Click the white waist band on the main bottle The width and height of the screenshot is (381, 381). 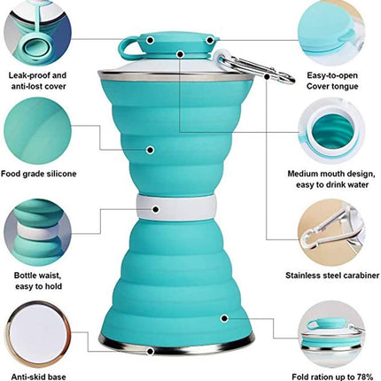pyautogui.click(x=175, y=207)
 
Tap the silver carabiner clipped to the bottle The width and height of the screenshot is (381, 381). pyautogui.click(x=254, y=66)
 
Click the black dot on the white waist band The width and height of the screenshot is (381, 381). pyautogui.click(x=156, y=209)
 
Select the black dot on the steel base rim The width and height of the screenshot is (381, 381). pyautogui.click(x=151, y=351)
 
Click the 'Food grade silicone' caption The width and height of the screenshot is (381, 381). pyautogui.click(x=38, y=174)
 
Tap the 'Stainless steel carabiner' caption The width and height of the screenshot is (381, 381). pyautogui.click(x=332, y=276)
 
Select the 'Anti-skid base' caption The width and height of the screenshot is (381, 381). pyautogui.click(x=38, y=377)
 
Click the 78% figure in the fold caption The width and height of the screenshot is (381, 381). pyautogui.click(x=364, y=377)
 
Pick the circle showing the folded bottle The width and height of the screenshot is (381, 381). pyautogui.click(x=331, y=334)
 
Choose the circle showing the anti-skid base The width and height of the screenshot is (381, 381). pyautogui.click(x=38, y=334)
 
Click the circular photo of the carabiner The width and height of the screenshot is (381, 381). pyautogui.click(x=331, y=233)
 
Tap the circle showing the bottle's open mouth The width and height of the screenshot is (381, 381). pyautogui.click(x=331, y=131)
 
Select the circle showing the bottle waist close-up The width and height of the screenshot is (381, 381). pyautogui.click(x=38, y=233)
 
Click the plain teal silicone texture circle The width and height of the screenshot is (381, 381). pyautogui.click(x=38, y=131)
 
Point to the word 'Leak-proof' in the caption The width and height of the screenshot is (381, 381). pyautogui.click(x=29, y=75)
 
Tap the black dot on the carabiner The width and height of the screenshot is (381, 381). pyautogui.click(x=267, y=76)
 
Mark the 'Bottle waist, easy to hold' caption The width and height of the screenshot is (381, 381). pyautogui.click(x=38, y=281)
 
